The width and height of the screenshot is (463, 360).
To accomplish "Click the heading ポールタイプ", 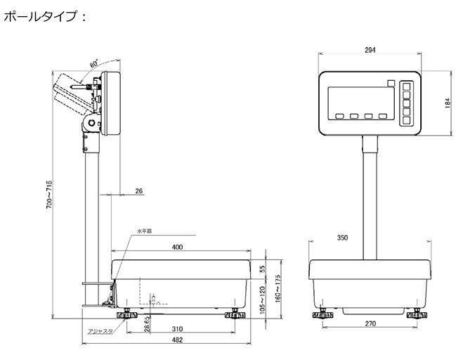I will click(44, 16).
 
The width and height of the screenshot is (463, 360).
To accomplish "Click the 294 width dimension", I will click(370, 49).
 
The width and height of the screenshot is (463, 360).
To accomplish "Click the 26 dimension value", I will click(138, 191).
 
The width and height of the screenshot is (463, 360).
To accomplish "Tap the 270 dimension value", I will click(371, 324).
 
